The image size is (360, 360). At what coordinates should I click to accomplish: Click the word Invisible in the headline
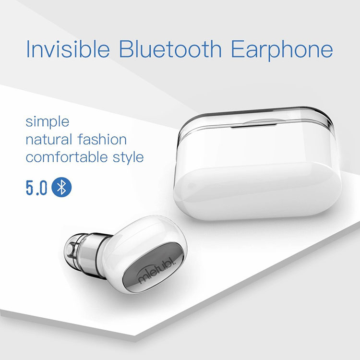(68, 49)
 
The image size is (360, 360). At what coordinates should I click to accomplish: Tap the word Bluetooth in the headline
(170, 48)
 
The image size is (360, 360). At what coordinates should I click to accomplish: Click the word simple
(48, 122)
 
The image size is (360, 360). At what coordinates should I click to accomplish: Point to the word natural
(49, 139)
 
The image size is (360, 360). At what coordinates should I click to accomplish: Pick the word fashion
(102, 139)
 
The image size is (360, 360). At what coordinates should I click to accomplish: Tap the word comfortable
(67, 157)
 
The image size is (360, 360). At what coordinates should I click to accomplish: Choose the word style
(128, 158)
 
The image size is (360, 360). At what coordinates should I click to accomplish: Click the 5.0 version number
(36, 188)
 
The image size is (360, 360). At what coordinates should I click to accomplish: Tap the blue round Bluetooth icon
(61, 187)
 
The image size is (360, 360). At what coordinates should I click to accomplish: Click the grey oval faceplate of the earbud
(153, 267)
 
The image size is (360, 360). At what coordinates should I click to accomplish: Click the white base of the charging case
(258, 191)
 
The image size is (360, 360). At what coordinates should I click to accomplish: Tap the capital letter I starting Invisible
(28, 49)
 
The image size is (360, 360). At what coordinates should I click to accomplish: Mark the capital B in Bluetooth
(126, 49)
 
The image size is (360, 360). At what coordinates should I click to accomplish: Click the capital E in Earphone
(237, 49)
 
